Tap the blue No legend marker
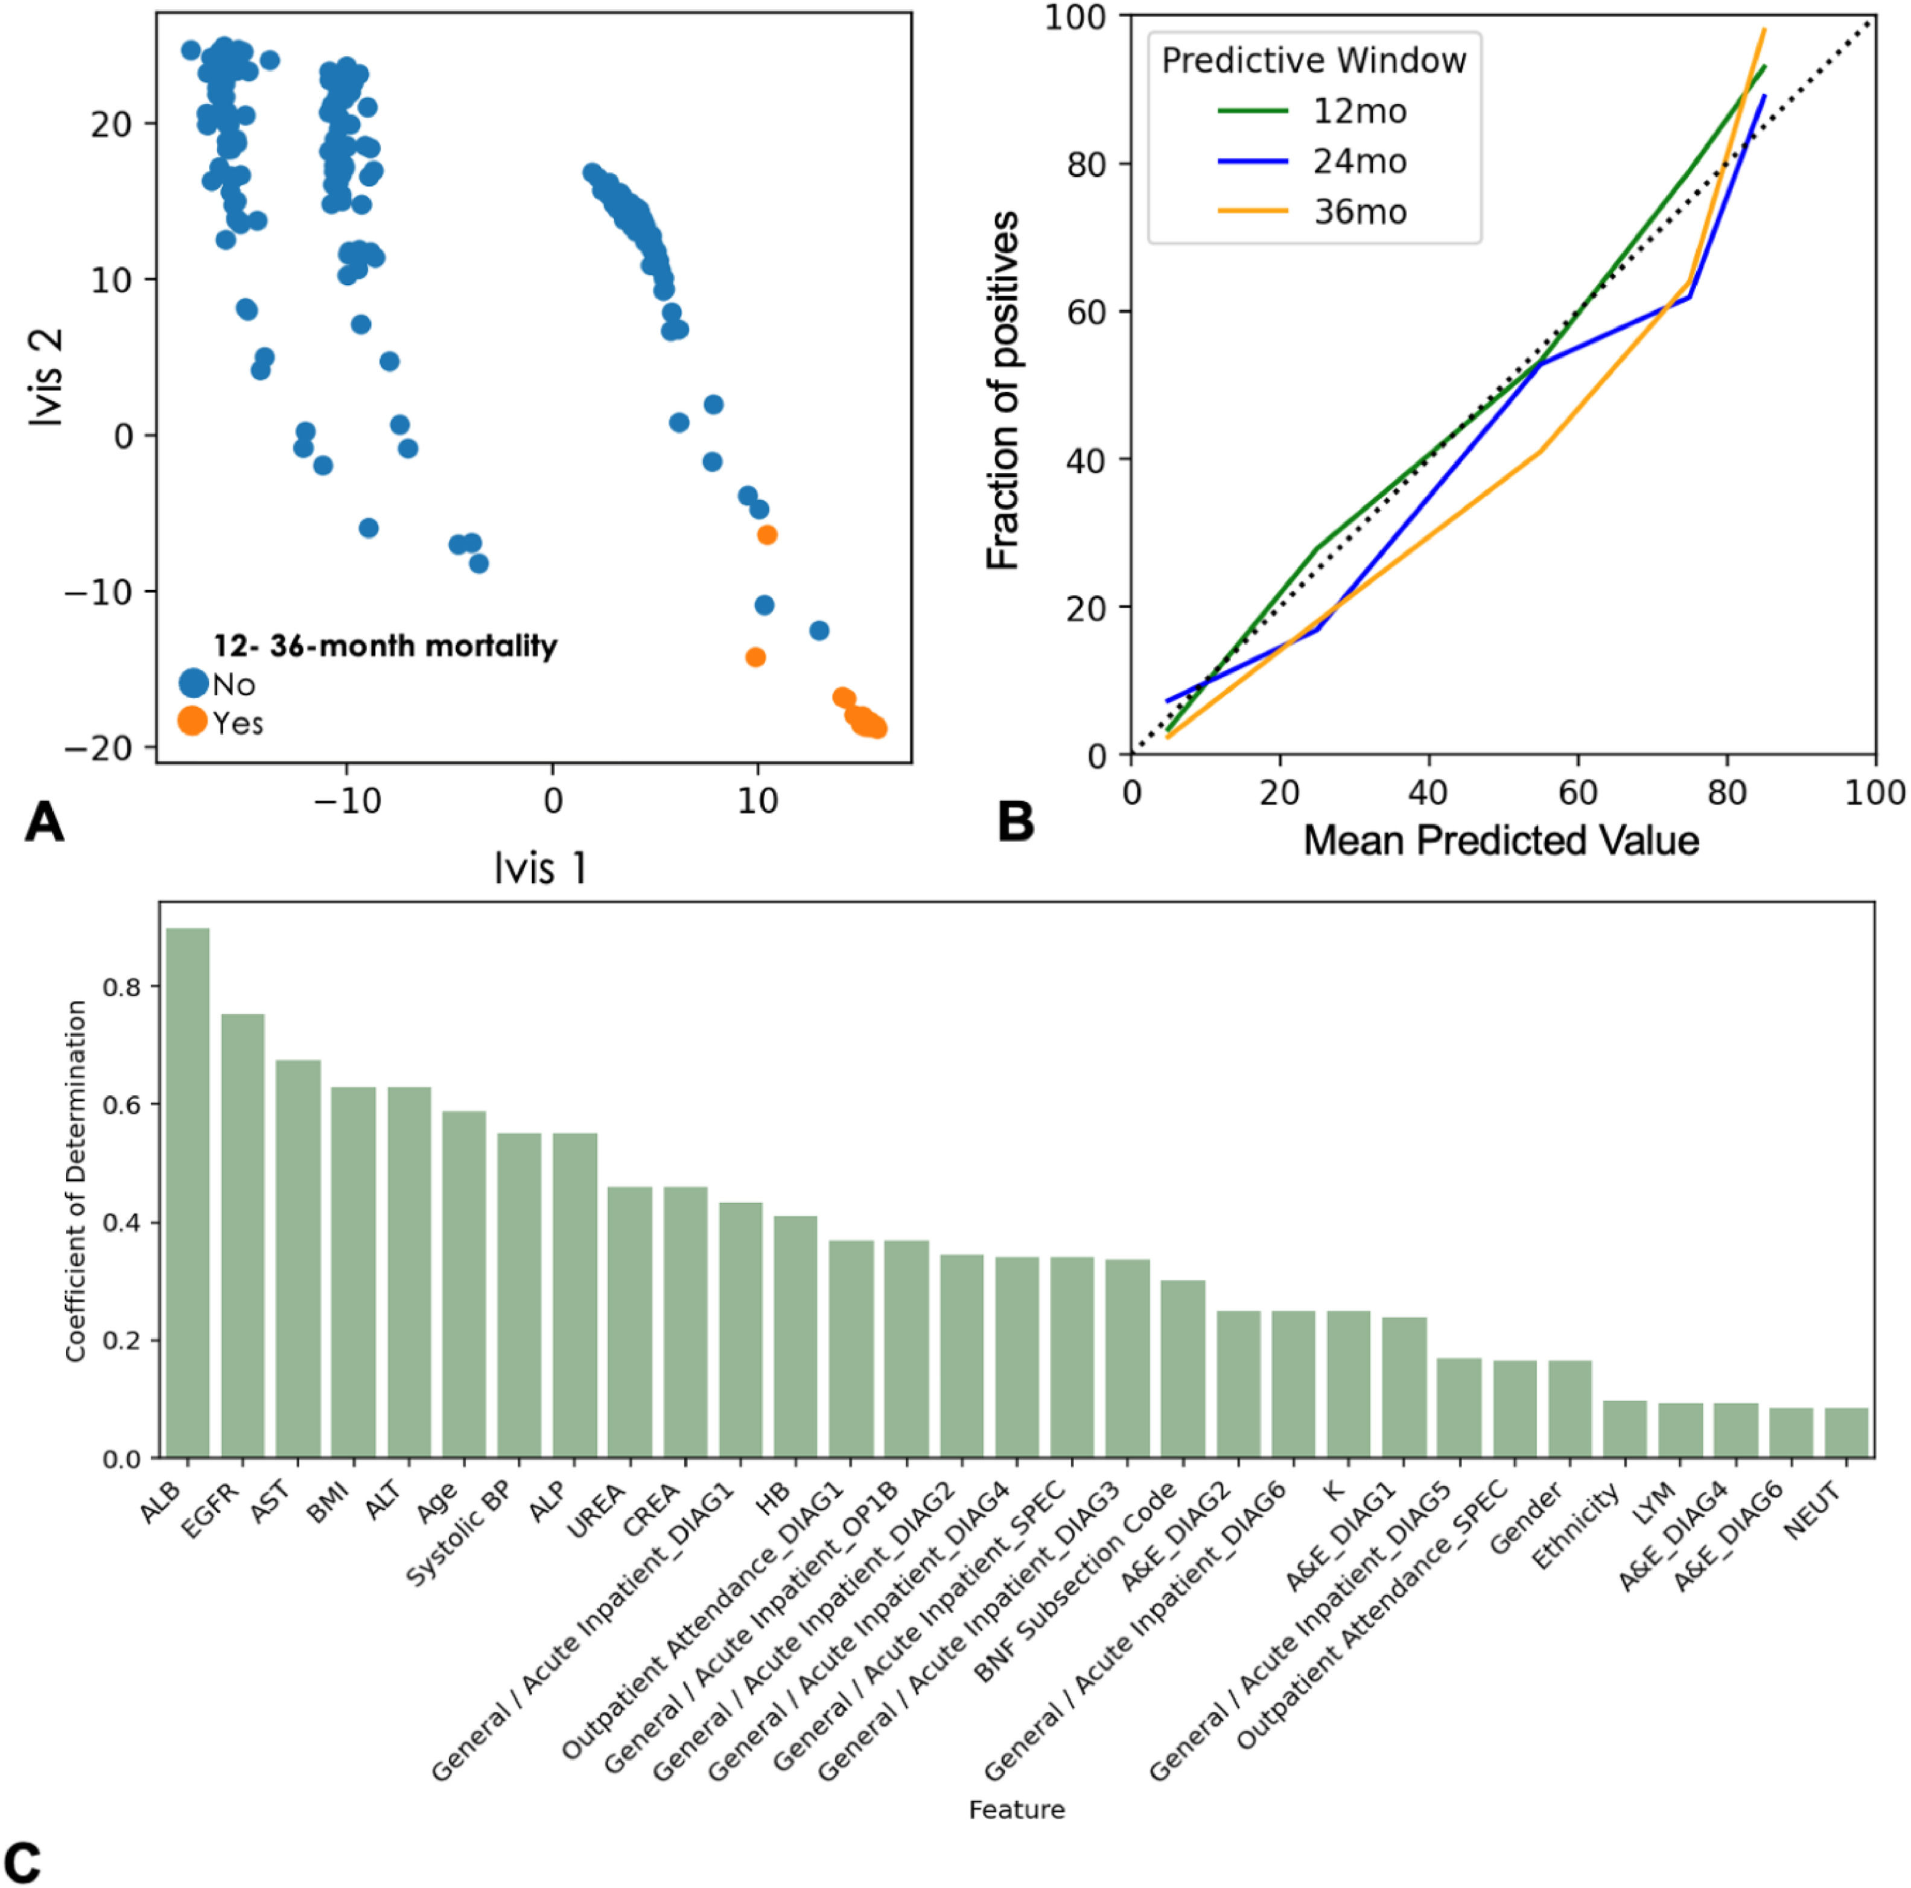(x=193, y=682)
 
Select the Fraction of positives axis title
(x=1003, y=390)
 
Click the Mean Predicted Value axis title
(x=1501, y=840)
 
